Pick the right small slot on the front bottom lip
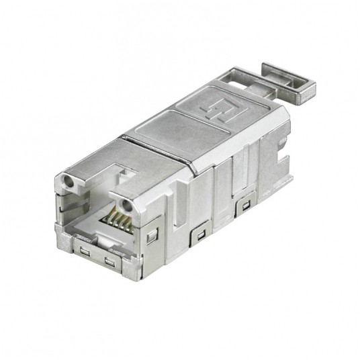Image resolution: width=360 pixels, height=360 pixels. click(x=109, y=260)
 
